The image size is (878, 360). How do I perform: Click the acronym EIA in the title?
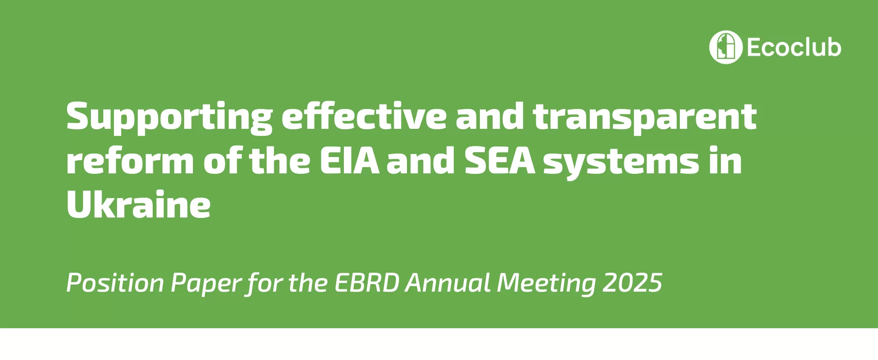349,161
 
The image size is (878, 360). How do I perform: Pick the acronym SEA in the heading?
500,161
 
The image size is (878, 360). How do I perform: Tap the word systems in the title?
621,163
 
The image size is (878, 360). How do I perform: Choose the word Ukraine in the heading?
139,205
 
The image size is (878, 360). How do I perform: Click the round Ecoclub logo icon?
726,47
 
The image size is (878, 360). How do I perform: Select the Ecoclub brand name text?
794,47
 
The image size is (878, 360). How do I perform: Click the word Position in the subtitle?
115,283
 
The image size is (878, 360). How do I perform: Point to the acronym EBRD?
367,283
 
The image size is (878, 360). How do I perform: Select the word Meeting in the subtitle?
546,284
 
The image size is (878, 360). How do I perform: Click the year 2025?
633,283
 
